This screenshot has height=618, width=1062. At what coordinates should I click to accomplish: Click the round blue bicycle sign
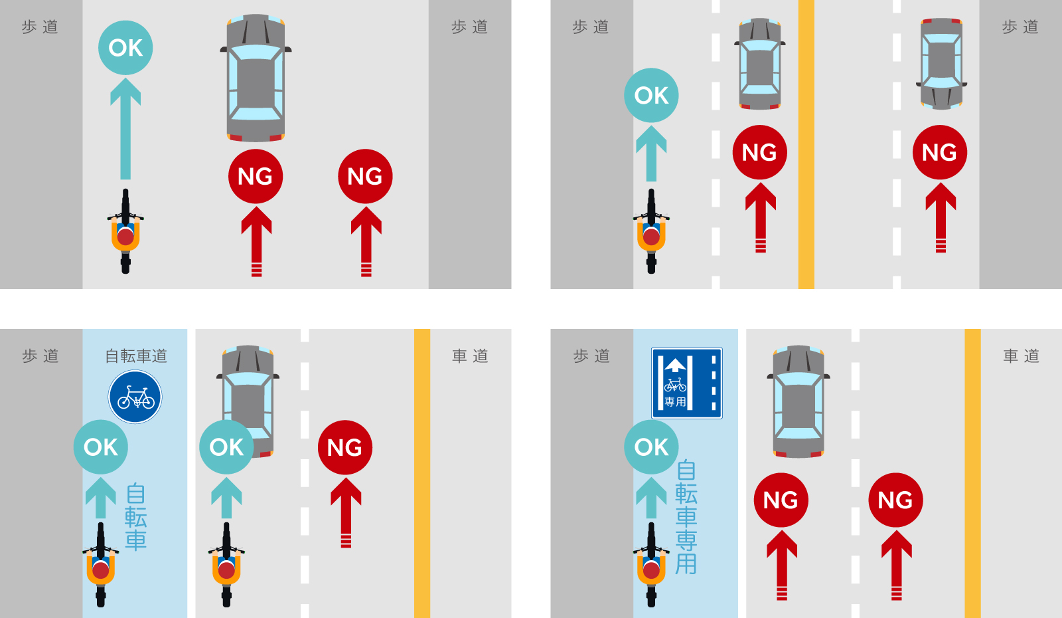pos(135,397)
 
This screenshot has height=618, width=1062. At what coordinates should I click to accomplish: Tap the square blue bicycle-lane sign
pos(687,383)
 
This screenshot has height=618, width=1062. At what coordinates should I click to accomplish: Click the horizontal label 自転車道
pos(136,356)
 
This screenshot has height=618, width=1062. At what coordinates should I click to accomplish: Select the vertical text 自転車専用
pos(686,517)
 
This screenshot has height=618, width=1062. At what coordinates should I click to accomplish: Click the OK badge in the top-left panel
pos(125,47)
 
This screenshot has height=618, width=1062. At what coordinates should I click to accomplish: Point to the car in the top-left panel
pos(256,78)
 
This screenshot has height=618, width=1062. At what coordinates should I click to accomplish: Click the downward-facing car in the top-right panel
pos(941,64)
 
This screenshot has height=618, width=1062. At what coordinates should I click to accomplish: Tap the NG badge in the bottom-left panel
pos(345,447)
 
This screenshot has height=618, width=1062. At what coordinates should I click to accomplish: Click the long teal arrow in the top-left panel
pos(125,129)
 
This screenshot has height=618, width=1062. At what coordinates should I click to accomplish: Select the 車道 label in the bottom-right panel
pos(1022,356)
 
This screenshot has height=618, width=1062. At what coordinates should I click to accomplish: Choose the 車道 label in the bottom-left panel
pos(471,356)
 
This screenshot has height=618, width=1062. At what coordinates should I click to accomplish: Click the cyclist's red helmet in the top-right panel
pos(651,237)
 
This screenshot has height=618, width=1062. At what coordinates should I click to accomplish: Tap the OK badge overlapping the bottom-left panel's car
pos(226,447)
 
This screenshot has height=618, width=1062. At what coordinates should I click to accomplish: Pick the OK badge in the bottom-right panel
pos(651,447)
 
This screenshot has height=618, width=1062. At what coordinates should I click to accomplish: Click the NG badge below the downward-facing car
pos(940,152)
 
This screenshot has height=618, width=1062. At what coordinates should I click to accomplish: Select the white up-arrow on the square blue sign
pos(675,365)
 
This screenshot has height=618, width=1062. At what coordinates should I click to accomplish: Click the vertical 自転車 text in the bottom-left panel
pos(135,518)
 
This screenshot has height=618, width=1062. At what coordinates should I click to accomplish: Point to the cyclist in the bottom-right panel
pos(651,565)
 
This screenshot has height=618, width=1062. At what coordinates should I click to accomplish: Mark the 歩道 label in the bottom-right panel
pos(591,356)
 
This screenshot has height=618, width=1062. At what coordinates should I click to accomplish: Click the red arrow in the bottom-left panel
pos(346,512)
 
